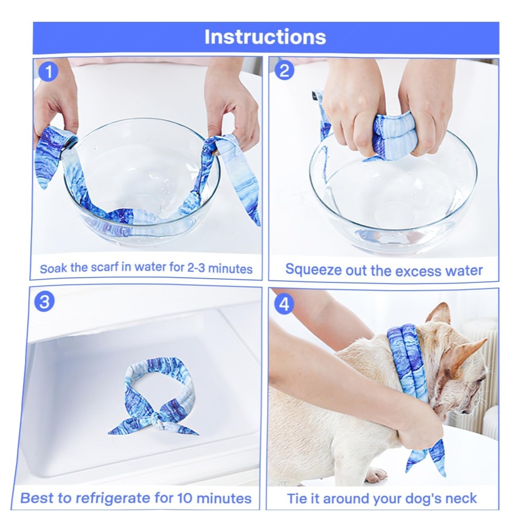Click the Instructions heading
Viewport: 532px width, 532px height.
click(x=265, y=37)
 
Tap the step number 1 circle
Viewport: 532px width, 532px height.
click(x=48, y=72)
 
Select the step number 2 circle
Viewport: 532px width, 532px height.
click(x=284, y=71)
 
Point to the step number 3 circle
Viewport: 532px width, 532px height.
click(x=45, y=302)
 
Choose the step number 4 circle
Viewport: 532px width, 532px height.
click(x=284, y=304)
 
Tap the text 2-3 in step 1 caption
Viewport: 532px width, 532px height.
click(x=196, y=268)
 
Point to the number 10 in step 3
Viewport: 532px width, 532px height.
click(x=185, y=498)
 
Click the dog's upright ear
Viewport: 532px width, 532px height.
click(x=440, y=314)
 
